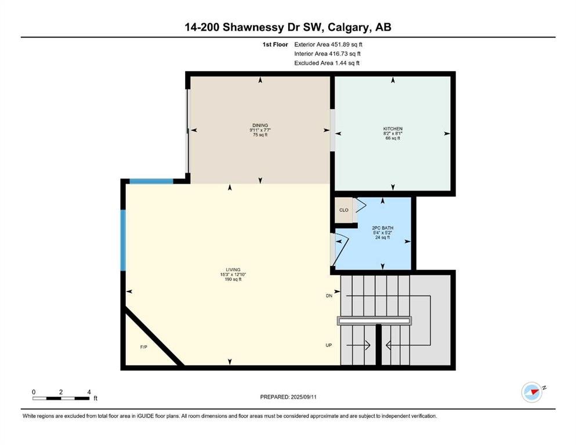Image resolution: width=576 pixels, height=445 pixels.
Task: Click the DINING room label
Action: point(260,126)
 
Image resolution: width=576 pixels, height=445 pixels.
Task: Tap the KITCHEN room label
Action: point(393,129)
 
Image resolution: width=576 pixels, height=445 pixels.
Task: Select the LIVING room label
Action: point(233,269)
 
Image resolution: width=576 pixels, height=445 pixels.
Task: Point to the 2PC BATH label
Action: point(382,228)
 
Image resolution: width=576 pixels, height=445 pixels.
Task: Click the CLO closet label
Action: point(344,210)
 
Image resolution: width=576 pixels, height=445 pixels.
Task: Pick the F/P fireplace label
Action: point(144,346)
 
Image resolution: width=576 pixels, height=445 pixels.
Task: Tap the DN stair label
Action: point(329,296)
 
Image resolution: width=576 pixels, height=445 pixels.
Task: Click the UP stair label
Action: point(329,345)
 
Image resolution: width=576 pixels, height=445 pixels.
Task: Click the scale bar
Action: point(61,398)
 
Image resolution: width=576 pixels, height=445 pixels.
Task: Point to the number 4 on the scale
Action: point(89,392)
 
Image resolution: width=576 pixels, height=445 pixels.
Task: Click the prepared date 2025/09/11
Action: point(303,397)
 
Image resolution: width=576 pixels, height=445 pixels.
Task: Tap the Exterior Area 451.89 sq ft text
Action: point(328,45)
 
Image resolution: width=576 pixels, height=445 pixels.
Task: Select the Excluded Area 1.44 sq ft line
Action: point(327,63)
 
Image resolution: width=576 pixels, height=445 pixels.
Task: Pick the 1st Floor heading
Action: point(275,45)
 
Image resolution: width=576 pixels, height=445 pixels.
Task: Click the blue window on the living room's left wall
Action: point(123,240)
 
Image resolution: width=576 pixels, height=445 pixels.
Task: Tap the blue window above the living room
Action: point(151,181)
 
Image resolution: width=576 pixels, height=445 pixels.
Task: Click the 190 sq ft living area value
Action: point(233,279)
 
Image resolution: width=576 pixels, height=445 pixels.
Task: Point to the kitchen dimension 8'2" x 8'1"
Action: point(393,133)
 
